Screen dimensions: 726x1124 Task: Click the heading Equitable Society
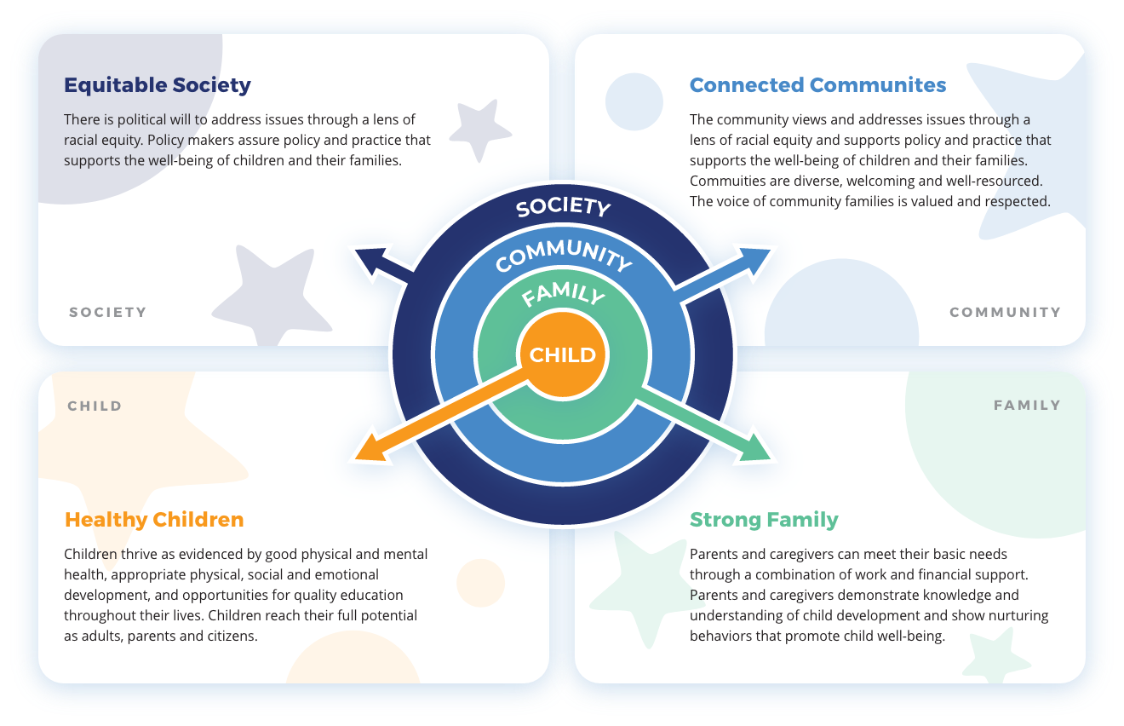[158, 85]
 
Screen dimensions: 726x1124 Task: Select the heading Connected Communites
[817, 85]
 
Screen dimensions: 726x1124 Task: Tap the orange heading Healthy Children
[154, 520]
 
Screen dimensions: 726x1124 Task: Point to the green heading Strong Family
[764, 520]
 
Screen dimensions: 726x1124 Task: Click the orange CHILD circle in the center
[563, 355]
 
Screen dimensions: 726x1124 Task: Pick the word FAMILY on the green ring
[563, 295]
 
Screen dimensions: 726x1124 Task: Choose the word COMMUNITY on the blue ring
[563, 253]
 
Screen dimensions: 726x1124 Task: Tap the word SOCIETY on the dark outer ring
[563, 207]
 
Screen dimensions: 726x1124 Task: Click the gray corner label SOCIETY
[108, 313]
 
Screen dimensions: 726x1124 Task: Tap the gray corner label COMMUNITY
[1005, 313]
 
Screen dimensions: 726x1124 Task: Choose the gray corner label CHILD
[95, 406]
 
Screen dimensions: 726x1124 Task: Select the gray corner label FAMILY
[1027, 406]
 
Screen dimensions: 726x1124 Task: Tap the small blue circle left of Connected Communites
[634, 101]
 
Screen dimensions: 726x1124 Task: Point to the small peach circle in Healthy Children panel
[480, 583]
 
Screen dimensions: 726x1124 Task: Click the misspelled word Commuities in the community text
[727, 181]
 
